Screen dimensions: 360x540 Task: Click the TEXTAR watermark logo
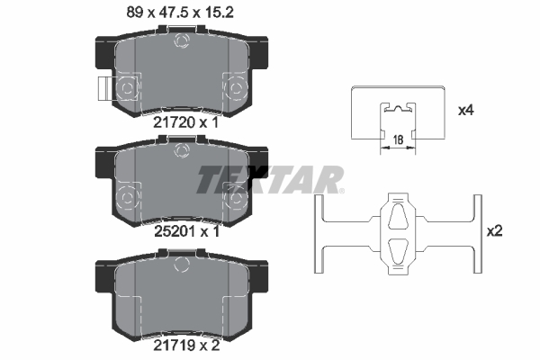point(270,179)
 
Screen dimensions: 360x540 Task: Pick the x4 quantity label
point(465,111)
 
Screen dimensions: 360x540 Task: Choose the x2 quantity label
point(495,231)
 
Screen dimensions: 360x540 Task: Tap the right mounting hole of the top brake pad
point(238,87)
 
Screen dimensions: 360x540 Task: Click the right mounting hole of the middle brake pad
point(238,197)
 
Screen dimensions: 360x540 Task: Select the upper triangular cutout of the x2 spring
point(396,216)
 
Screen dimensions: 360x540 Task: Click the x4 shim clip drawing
point(396,112)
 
